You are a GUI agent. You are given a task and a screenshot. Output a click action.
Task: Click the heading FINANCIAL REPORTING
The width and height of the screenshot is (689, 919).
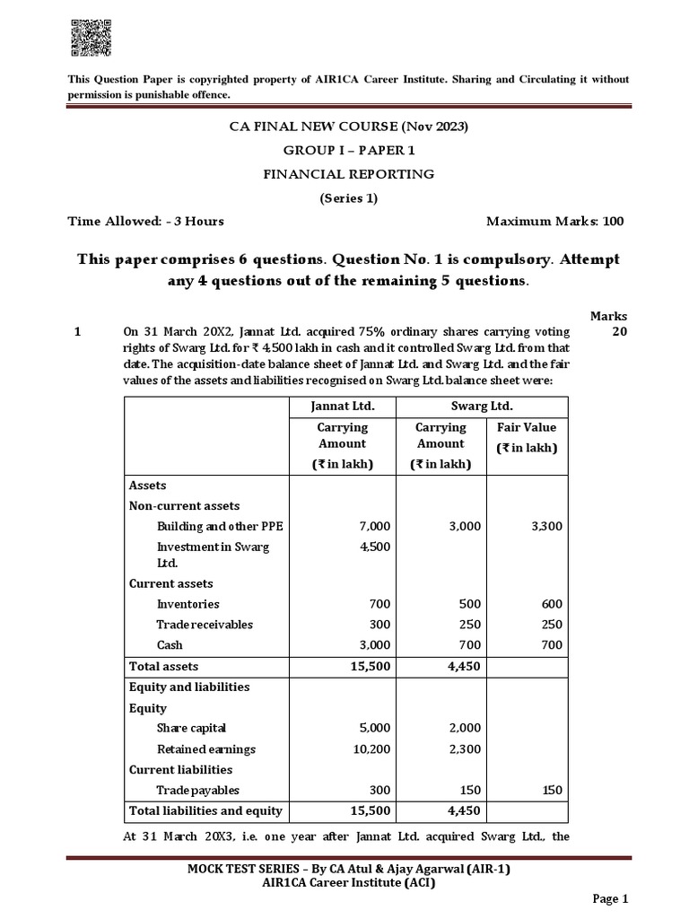pos(349,173)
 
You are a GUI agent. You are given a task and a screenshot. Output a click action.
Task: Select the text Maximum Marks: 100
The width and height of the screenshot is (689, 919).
pos(554,221)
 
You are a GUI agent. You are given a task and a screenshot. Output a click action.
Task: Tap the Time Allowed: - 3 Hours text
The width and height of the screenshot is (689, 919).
pos(146,221)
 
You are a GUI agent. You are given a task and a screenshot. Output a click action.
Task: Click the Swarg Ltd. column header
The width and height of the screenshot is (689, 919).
pos(483,406)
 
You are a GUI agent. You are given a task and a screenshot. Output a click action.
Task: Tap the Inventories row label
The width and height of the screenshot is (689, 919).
pos(188,604)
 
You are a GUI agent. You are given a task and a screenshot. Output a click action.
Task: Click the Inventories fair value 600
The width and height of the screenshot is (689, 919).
pos(551,604)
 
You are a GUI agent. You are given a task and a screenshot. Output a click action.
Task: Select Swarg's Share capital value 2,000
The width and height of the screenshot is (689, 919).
pos(464,728)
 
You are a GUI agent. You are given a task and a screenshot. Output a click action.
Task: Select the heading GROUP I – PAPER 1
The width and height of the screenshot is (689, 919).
pos(349,150)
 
